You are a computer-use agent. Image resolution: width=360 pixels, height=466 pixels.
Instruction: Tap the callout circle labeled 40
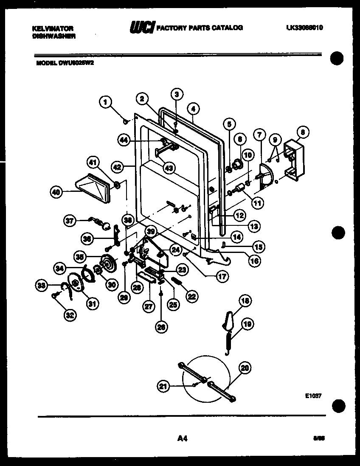56,192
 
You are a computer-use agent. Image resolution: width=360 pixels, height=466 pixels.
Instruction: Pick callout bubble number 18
245,302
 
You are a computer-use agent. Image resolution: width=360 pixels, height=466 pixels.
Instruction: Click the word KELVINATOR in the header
53,28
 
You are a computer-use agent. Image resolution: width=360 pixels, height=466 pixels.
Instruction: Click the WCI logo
142,28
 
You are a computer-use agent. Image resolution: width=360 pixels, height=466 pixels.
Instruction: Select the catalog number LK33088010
304,28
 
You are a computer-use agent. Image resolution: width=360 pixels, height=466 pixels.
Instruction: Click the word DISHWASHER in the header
54,36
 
